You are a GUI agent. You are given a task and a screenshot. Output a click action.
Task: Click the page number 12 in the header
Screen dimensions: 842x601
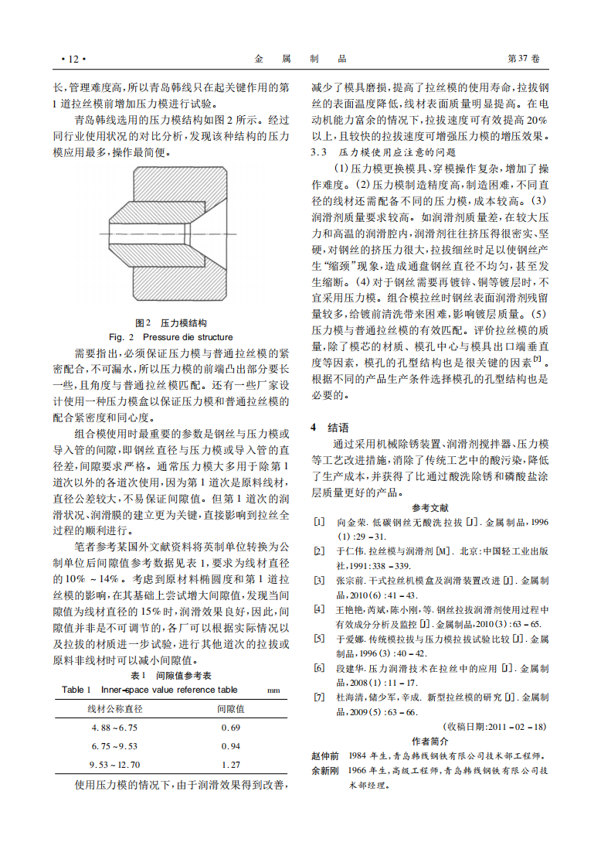point(73,59)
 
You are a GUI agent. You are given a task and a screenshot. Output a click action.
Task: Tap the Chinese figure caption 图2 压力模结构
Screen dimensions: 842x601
point(171,323)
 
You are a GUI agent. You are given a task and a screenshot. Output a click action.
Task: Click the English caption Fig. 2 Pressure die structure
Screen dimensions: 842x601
point(171,337)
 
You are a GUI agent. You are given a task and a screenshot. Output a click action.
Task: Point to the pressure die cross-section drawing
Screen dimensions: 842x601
point(171,235)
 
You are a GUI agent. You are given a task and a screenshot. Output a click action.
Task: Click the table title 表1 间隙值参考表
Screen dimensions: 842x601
point(171,675)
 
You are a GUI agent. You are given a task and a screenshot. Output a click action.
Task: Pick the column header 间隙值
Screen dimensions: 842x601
point(230,708)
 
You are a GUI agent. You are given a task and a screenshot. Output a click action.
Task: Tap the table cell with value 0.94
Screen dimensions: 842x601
point(230,746)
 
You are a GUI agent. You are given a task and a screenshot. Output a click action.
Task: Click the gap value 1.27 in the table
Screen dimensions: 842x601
point(230,765)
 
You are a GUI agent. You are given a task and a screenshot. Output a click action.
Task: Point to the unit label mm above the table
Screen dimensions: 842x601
point(273,690)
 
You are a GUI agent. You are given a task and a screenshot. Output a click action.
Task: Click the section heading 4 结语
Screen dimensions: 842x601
point(330,427)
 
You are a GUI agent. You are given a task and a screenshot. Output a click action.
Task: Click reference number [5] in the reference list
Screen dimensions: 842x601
point(319,639)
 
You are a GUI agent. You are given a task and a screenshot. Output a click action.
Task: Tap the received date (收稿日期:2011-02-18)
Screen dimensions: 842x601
point(495,727)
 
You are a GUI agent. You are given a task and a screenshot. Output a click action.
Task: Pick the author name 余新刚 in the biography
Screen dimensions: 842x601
point(324,770)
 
